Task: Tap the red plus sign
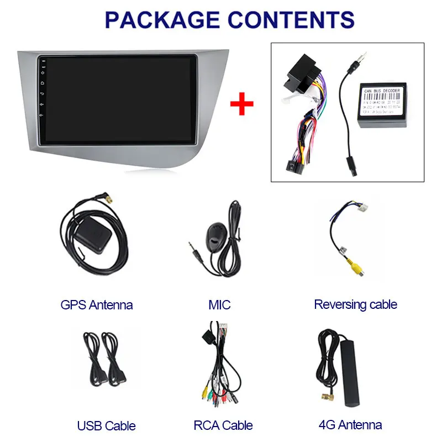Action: point(241,103)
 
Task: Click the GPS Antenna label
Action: point(97,304)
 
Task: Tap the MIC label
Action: point(219,304)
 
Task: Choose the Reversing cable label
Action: point(355,304)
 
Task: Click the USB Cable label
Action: point(106,425)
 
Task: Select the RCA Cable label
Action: point(223,425)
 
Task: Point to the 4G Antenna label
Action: point(350,425)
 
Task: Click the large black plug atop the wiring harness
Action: point(298,77)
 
